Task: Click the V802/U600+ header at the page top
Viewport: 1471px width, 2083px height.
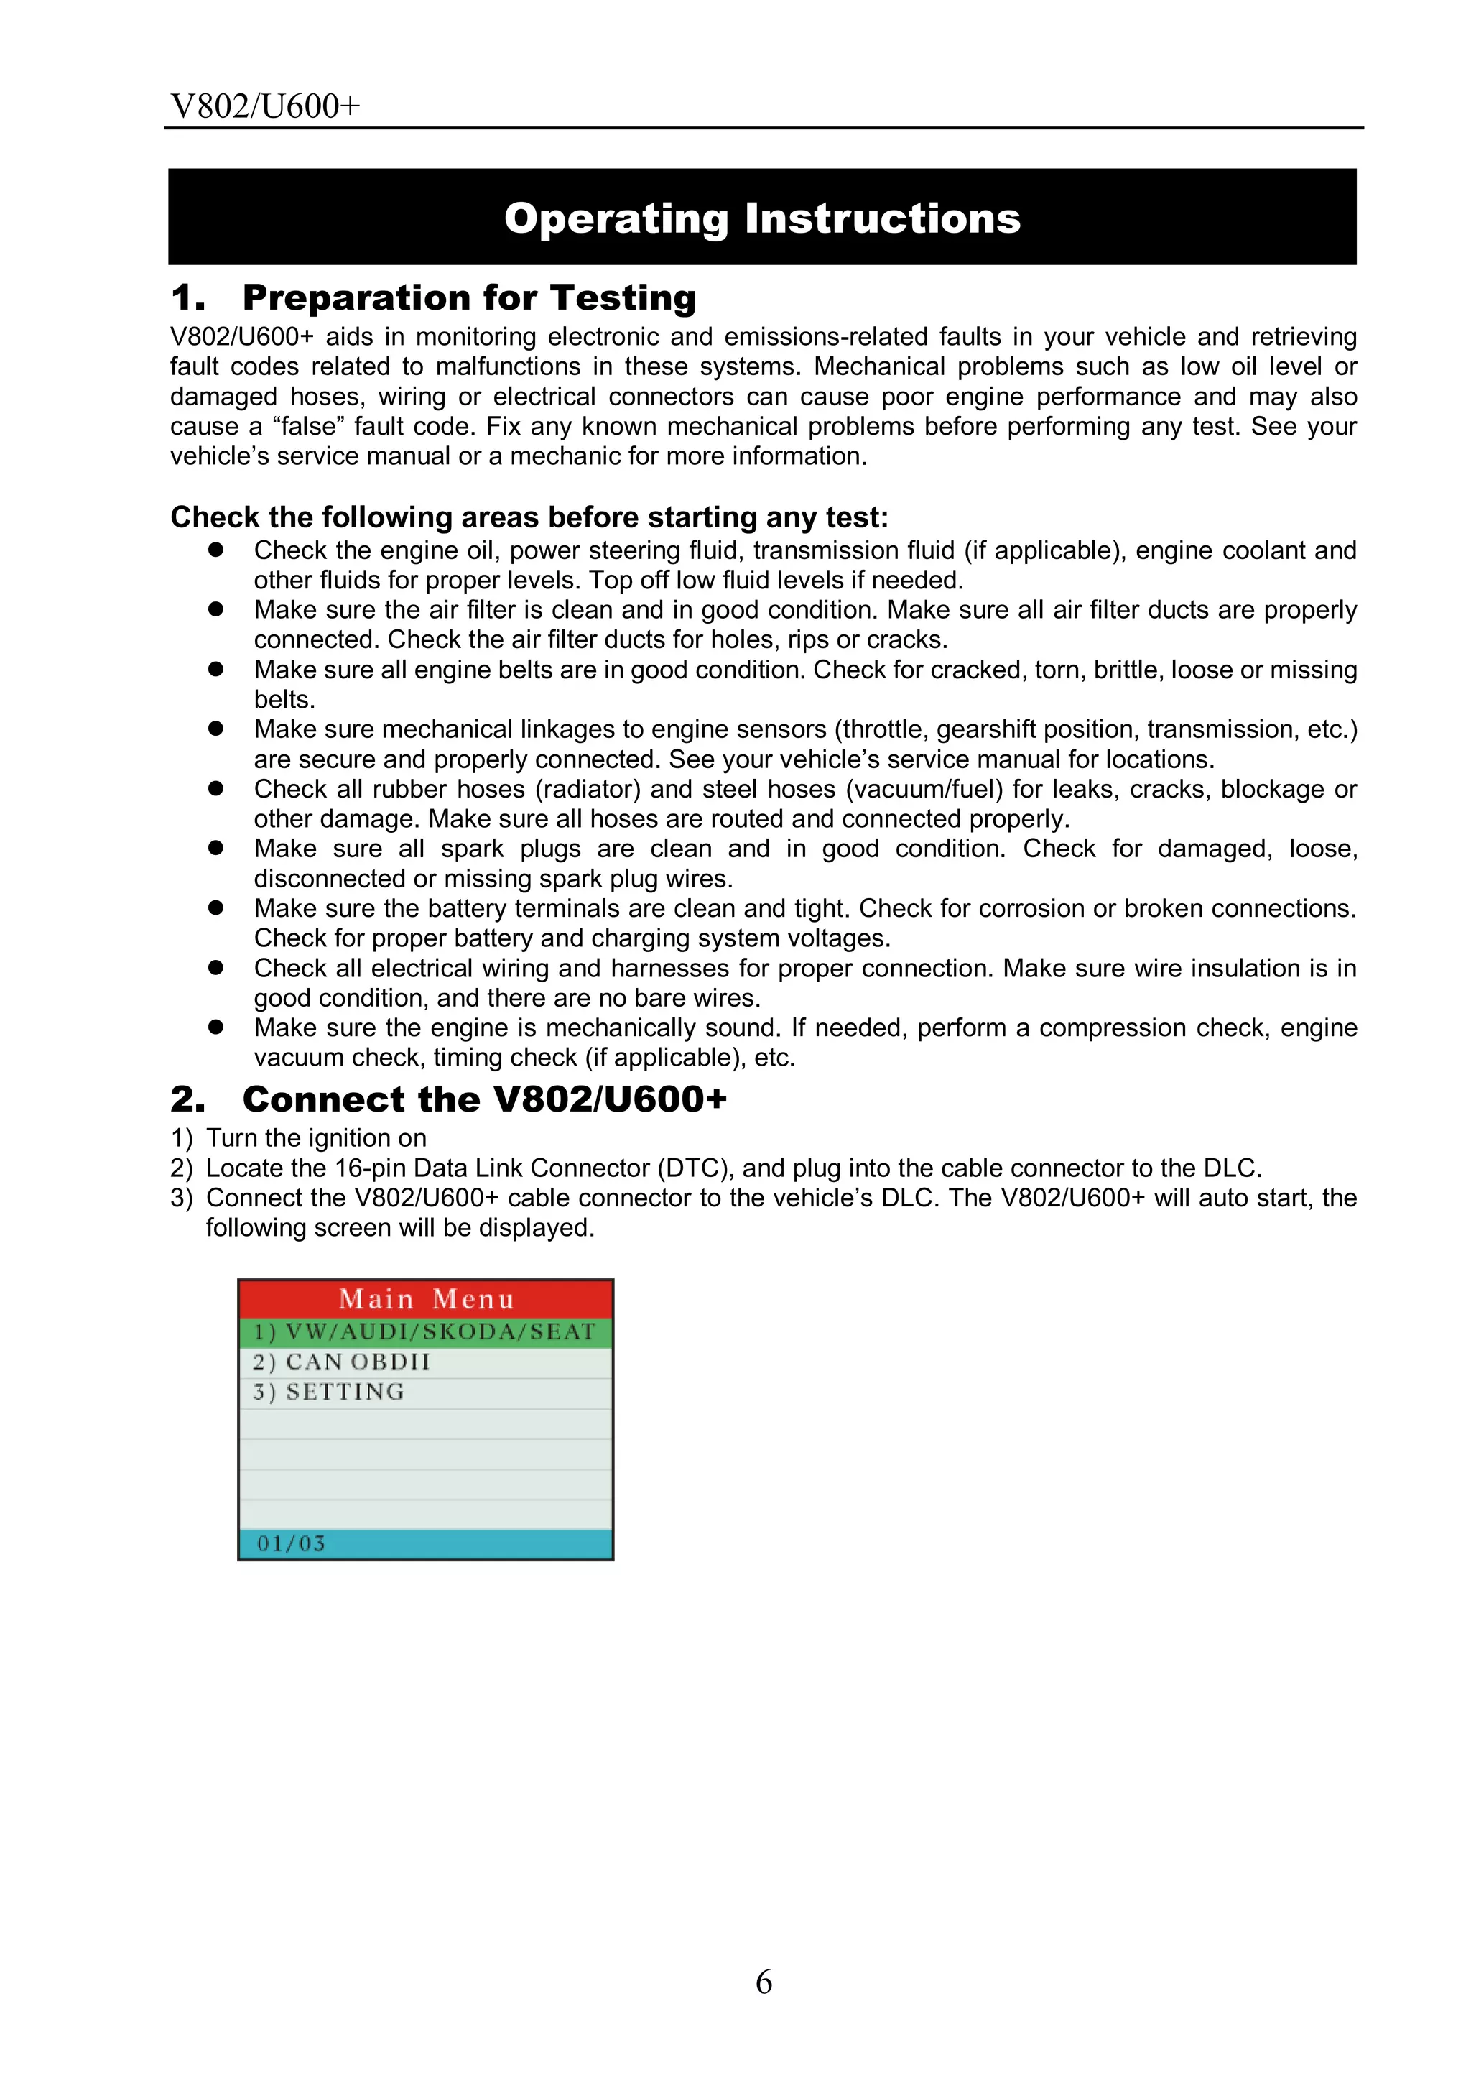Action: coord(265,107)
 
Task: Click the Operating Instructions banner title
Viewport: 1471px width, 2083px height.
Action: coord(762,218)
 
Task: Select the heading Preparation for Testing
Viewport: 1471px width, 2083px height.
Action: coord(468,297)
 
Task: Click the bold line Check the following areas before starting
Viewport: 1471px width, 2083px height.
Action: coord(529,517)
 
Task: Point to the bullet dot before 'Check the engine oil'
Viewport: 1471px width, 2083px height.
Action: coord(216,550)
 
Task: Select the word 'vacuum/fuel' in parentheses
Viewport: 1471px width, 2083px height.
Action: coord(924,789)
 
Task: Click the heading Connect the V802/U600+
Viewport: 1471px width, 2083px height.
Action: coord(484,1099)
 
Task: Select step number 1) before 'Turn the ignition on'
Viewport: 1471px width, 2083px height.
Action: coord(182,1139)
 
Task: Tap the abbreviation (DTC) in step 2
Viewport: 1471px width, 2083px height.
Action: coord(695,1168)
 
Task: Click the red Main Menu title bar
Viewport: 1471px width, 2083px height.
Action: coord(425,1300)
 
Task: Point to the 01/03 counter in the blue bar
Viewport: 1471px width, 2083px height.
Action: coord(290,1543)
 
